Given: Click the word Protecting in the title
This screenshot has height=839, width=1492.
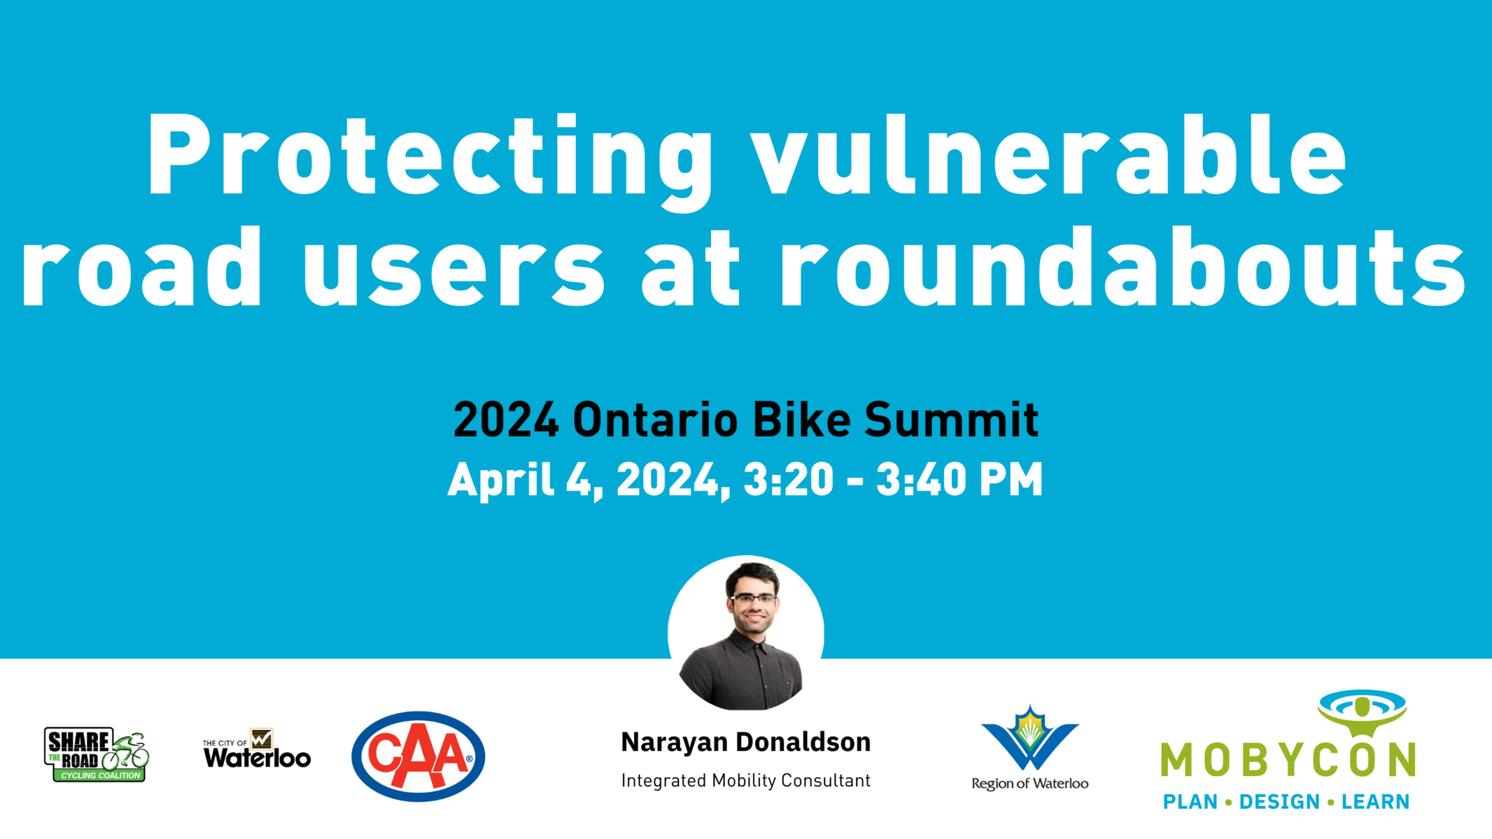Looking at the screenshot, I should click(x=430, y=155).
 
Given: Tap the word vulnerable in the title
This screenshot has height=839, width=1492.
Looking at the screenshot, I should click(x=1049, y=155).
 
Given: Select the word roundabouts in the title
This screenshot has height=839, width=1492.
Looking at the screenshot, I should click(x=1123, y=268).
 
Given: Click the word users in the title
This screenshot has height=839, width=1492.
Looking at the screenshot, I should click(x=454, y=268).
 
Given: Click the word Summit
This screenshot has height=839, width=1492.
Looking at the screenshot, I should click(x=951, y=420).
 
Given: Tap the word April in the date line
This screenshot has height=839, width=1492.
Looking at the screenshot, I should click(x=500, y=480).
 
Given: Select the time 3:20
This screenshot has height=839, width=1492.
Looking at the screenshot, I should click(x=788, y=480).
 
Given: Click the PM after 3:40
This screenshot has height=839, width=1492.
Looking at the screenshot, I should click(x=1011, y=480).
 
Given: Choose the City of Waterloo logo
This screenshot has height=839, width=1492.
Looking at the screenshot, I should click(x=257, y=750).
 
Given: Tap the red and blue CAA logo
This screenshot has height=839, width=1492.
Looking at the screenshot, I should click(x=418, y=756).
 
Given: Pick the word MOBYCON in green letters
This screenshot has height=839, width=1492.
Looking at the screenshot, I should click(x=1288, y=760).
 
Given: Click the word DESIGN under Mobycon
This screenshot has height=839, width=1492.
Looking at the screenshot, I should click(x=1279, y=802).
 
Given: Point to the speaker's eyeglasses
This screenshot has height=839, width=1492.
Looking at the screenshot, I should click(x=753, y=598).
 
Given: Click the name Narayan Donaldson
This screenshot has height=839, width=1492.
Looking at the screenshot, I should click(x=745, y=743).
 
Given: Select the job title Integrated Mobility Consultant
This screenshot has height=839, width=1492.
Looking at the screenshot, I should click(x=745, y=781).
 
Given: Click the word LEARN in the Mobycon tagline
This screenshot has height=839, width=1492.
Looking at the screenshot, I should click(x=1375, y=802).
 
